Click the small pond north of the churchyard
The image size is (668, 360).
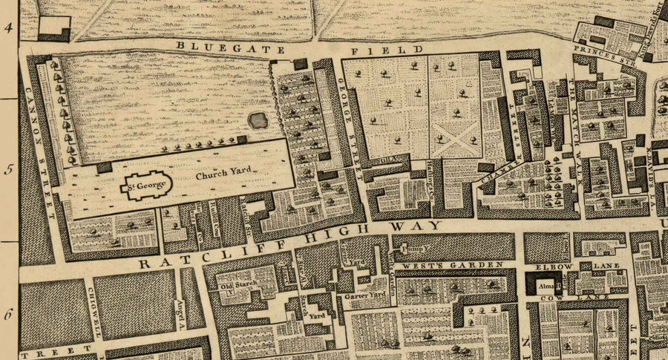[258, 120]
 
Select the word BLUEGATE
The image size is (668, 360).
[220, 48]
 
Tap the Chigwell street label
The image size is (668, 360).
[95, 312]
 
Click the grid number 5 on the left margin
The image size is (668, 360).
[9, 169]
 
